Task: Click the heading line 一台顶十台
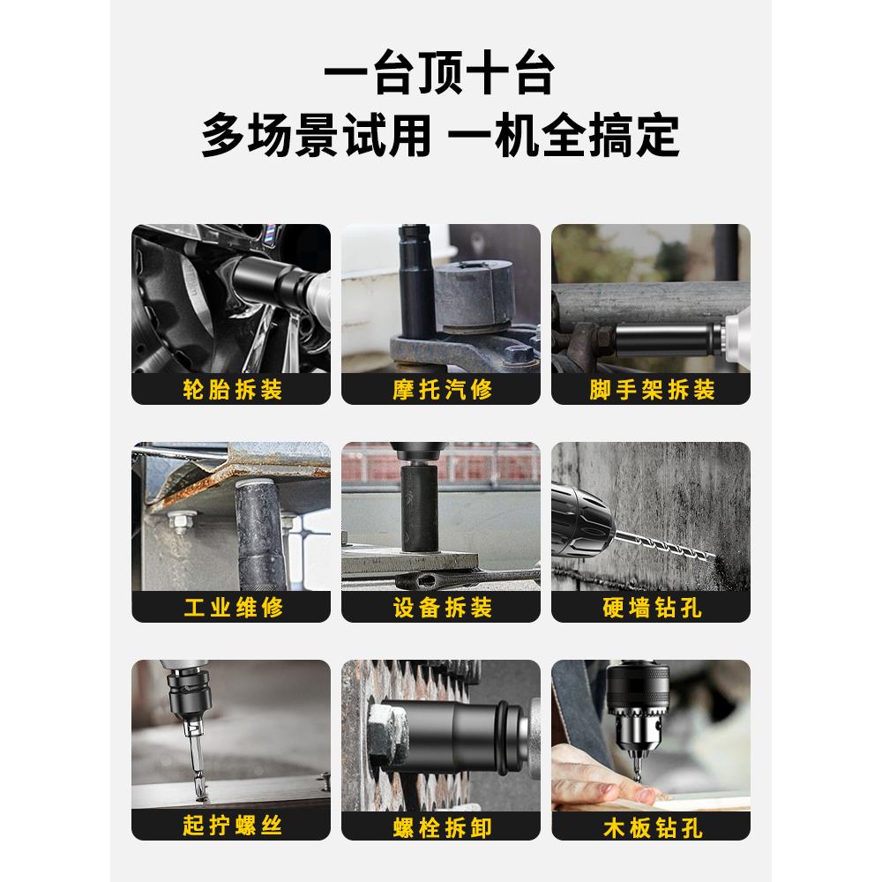(x=438, y=75)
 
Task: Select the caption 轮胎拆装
(x=231, y=389)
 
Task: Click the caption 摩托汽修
(x=441, y=389)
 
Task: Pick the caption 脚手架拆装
(x=651, y=389)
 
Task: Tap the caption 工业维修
(x=231, y=607)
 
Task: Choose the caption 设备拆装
(x=441, y=607)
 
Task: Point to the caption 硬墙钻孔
(x=651, y=607)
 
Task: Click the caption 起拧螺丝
(x=231, y=826)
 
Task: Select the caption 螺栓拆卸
(x=441, y=826)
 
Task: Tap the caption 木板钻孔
(x=651, y=826)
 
